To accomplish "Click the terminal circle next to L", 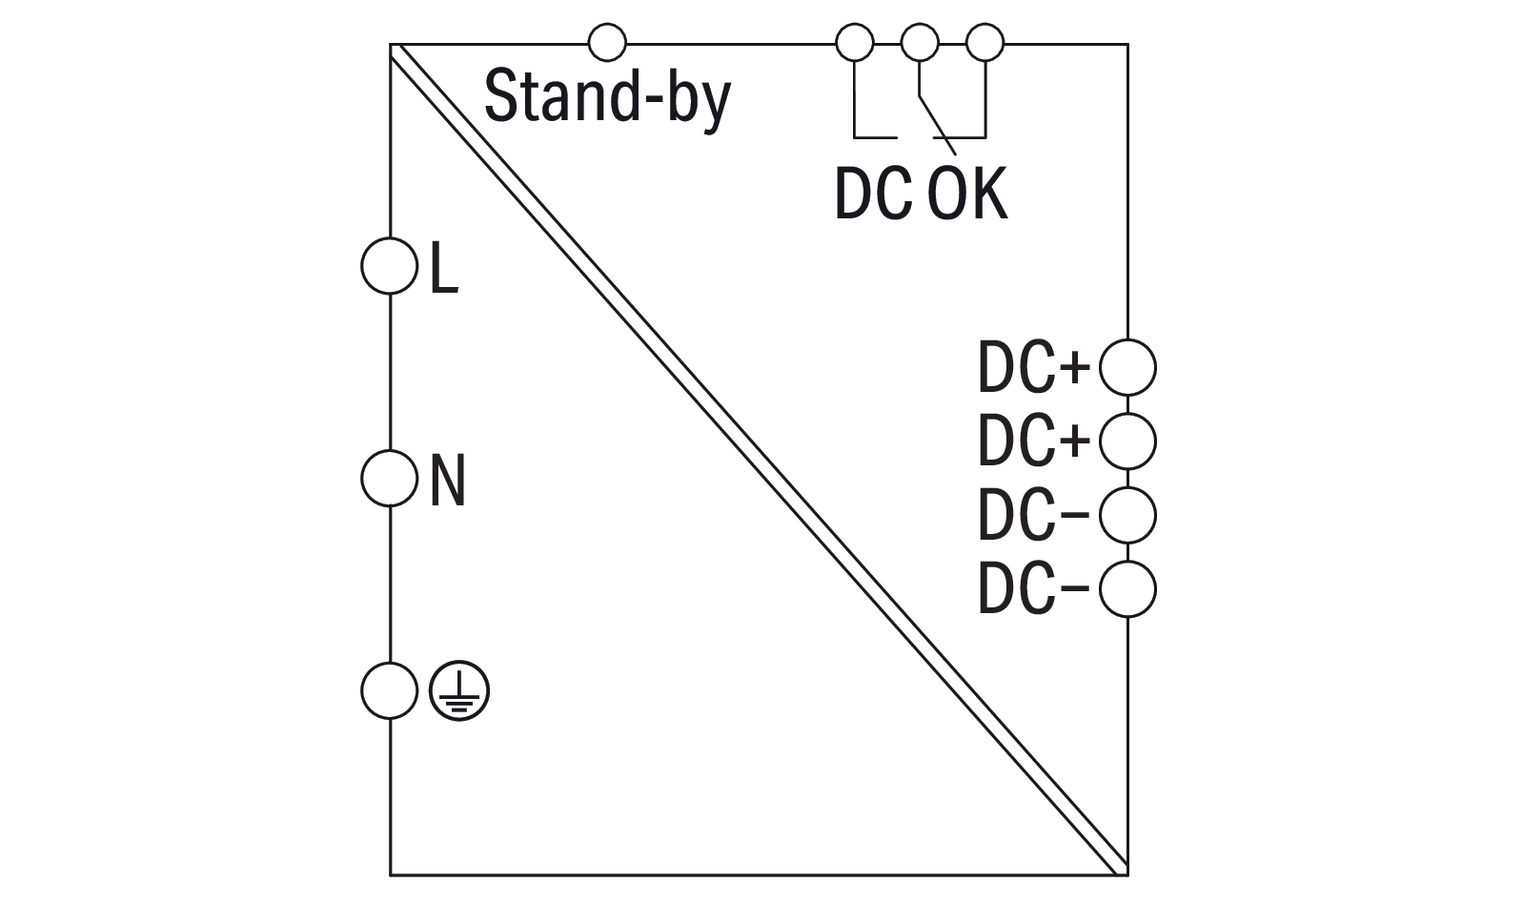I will coord(390,266).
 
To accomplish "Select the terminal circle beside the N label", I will coord(390,478).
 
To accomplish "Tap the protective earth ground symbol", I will coord(459,690).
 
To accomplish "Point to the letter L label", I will coord(444,268).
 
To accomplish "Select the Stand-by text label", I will coord(607,98).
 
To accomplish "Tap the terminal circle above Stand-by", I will coord(608,43).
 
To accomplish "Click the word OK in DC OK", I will coord(967,195).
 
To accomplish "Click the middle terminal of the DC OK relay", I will coord(920,43).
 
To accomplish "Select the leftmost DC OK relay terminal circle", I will coord(854,43).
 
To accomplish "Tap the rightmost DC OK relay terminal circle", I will coord(985,43).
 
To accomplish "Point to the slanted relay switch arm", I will coord(936,121).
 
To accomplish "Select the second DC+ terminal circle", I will coord(1127,441).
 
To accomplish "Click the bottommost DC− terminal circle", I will coord(1127,589).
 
